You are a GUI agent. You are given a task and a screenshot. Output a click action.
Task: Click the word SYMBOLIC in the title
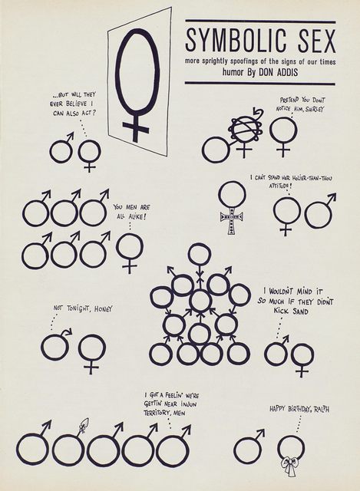pos(236,41)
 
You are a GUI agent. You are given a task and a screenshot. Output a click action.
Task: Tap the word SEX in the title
pos(316,41)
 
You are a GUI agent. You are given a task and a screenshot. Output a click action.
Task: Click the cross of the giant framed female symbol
pos(135,127)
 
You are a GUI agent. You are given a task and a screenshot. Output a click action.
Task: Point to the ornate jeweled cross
pos(232,219)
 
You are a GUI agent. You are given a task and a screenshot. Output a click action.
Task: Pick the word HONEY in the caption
pos(103,308)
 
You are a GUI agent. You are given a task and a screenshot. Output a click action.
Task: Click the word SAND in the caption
pos(300,311)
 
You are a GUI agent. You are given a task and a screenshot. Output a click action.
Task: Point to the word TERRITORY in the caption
pos(157,413)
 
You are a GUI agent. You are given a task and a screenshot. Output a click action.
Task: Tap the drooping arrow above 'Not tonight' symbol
pos(66,331)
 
